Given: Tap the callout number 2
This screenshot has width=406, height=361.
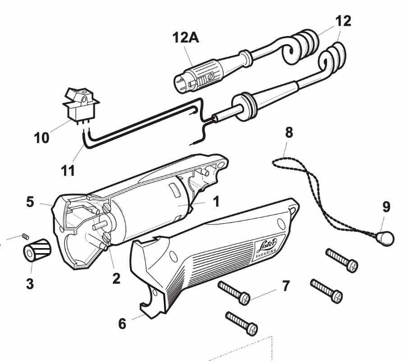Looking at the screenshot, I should pyautogui.click(x=117, y=278).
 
